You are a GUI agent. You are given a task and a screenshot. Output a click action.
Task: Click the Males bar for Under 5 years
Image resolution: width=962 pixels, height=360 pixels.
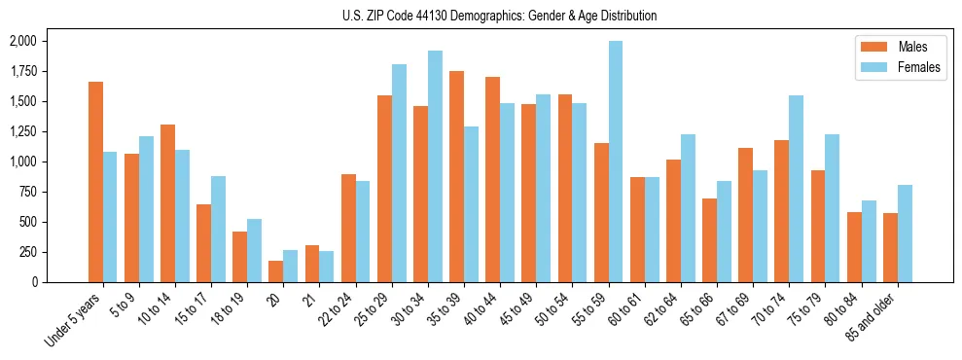click(x=95, y=182)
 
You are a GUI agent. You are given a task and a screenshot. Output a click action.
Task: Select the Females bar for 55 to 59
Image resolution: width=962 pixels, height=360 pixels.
click(x=616, y=162)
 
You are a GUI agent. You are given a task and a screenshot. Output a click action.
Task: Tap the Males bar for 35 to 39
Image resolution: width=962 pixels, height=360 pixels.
click(x=456, y=176)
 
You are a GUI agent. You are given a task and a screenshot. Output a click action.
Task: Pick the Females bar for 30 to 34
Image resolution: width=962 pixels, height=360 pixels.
click(x=435, y=166)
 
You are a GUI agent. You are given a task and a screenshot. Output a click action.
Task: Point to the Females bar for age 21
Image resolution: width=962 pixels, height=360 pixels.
click(x=327, y=267)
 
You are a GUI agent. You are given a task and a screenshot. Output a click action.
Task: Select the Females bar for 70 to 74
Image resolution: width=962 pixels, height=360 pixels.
click(x=796, y=189)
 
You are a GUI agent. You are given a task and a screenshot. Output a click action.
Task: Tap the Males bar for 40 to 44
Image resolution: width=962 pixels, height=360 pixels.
click(x=492, y=179)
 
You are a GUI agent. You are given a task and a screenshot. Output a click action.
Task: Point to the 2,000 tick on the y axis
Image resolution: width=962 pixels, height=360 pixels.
click(x=22, y=41)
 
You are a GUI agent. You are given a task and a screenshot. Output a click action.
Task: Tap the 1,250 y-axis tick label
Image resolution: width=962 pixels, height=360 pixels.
click(x=22, y=131)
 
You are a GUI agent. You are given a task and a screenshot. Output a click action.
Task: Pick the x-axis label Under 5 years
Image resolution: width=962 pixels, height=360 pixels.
click(x=75, y=320)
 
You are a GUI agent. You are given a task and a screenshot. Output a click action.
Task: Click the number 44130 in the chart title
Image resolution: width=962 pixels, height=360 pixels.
click(x=433, y=16)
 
